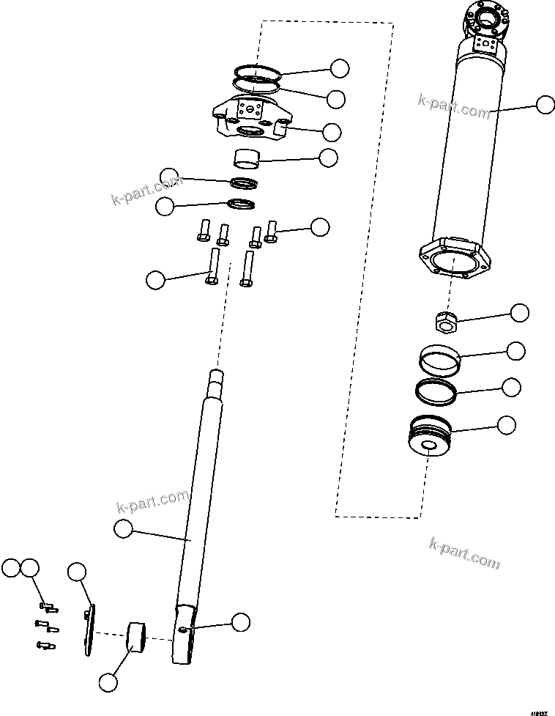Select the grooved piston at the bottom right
(429, 438)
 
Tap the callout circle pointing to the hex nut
(520, 313)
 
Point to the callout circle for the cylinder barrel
(545, 105)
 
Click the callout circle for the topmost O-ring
(339, 68)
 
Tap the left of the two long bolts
(213, 267)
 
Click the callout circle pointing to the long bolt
(155, 279)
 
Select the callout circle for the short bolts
(320, 226)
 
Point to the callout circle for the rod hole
(240, 623)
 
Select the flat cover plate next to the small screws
(89, 630)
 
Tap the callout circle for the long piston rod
(124, 528)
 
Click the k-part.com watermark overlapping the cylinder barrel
(454, 106)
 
